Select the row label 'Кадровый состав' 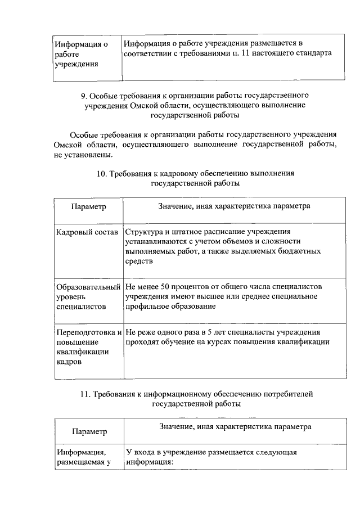(x=87, y=232)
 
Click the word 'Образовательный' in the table (x=88, y=287)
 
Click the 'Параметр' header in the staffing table (x=89, y=206)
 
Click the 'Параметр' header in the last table (x=89, y=432)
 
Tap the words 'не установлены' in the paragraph (x=83, y=155)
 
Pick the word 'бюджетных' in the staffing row (x=304, y=251)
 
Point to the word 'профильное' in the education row (x=146, y=307)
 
